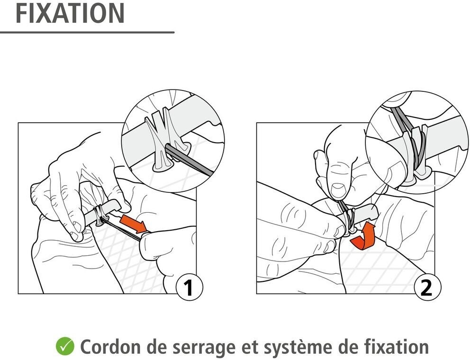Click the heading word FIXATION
[x=70, y=13]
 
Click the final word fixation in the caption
[x=397, y=346]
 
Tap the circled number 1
[x=189, y=288]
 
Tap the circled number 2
[x=426, y=288]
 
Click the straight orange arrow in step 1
[x=134, y=223]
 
